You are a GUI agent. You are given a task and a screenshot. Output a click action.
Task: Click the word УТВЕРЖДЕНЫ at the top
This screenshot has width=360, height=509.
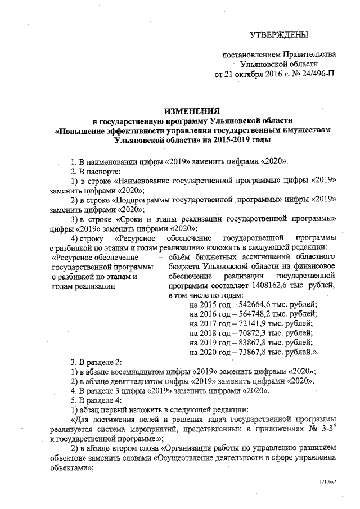279,35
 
